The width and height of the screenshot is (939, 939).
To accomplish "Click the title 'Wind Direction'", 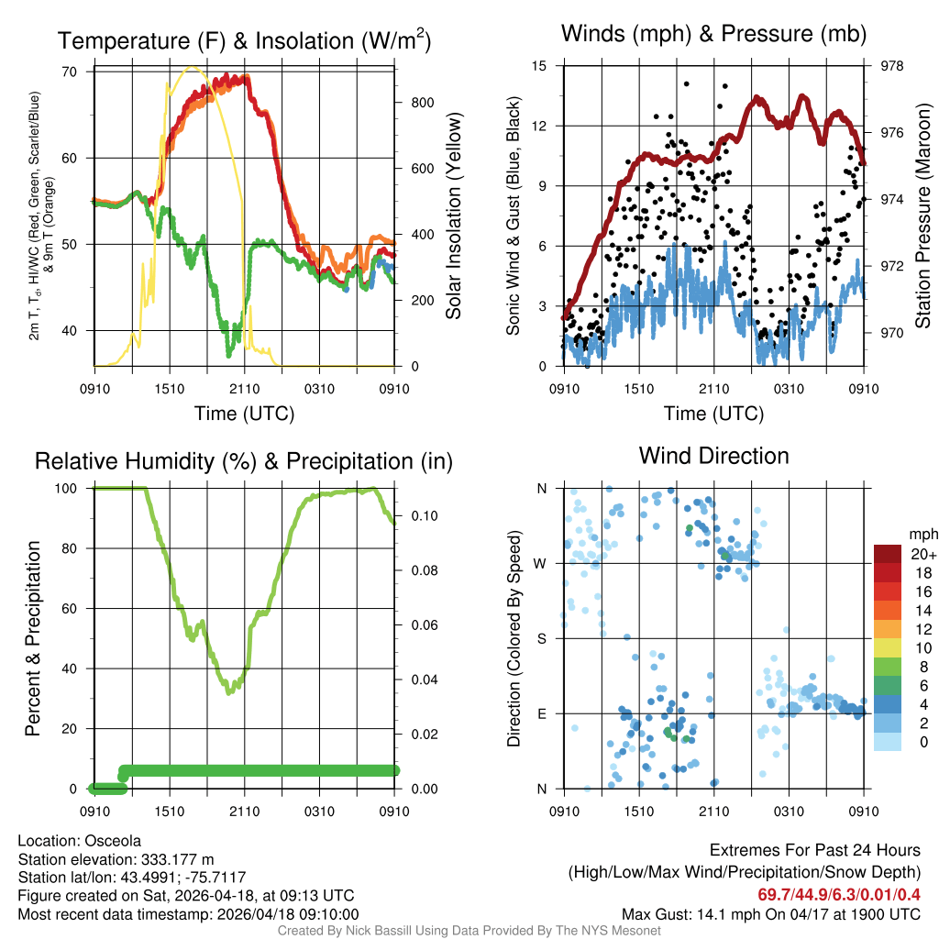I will click(713, 456).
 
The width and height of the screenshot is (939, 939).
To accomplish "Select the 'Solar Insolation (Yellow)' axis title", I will click(454, 216).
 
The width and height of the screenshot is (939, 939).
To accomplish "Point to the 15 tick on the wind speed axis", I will click(539, 66).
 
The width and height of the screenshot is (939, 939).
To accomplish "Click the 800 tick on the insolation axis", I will click(422, 103).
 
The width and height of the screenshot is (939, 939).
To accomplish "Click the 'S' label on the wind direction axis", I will click(541, 638).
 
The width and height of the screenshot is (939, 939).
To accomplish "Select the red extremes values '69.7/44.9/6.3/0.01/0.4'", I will click(838, 894).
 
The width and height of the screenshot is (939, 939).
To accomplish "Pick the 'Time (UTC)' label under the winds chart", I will click(714, 414).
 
